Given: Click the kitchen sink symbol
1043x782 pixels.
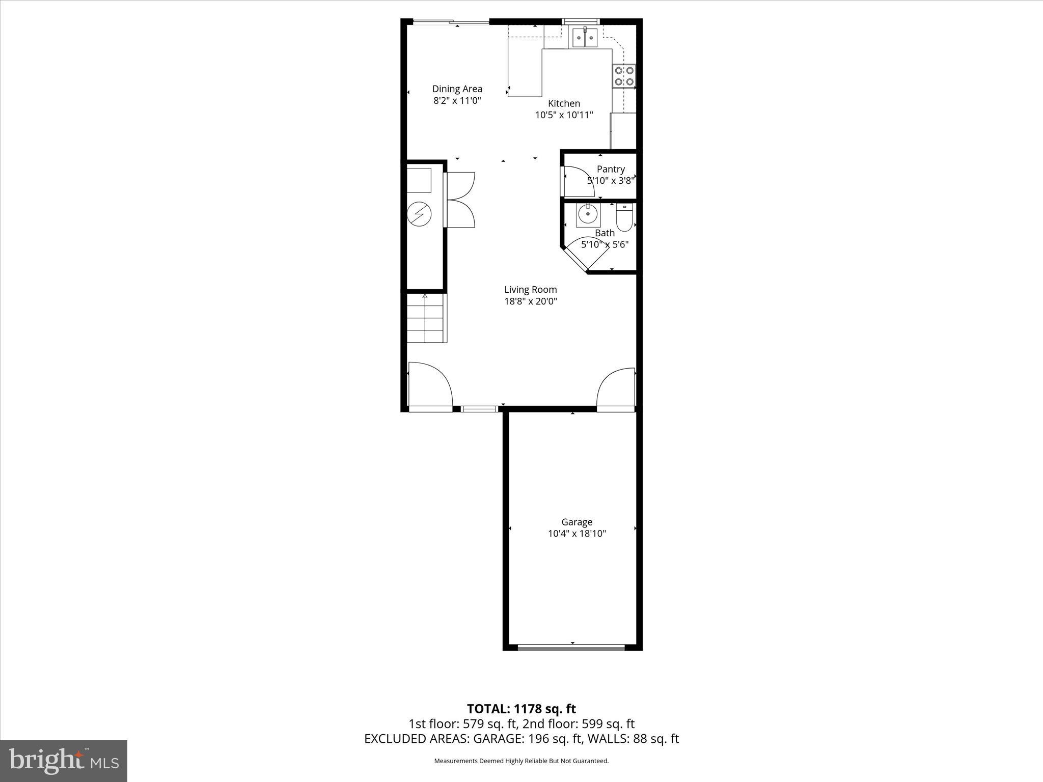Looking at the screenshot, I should [x=584, y=38].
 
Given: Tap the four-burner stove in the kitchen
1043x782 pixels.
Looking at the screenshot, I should [x=624, y=76].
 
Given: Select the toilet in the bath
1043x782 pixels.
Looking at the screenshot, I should [x=624, y=217].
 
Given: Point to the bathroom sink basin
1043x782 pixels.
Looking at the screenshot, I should [x=588, y=215].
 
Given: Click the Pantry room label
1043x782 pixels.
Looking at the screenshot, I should [x=611, y=169].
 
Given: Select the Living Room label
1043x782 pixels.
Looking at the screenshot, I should [x=530, y=290].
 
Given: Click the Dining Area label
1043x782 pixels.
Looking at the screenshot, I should [x=457, y=89].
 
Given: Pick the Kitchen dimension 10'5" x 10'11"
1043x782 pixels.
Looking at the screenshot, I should [x=564, y=115].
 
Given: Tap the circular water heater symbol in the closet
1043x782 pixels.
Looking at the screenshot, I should [x=419, y=214].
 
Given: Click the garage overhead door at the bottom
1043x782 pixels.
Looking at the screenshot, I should [x=571, y=648].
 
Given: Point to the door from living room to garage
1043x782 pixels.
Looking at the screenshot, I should [x=616, y=389].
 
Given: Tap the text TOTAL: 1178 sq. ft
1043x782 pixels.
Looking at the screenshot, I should [x=521, y=709].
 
